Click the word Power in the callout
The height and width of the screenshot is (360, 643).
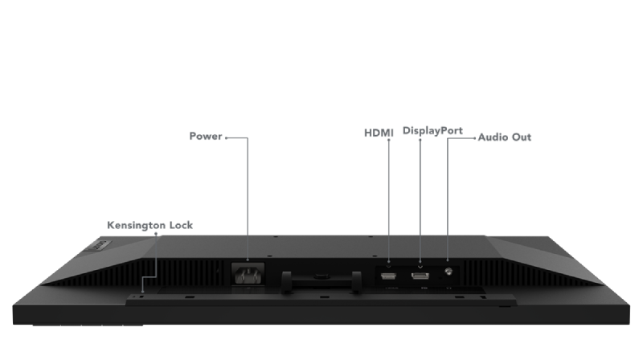[x=206, y=136]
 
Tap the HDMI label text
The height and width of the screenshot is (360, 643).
[x=379, y=133]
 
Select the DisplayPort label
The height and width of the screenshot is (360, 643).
[x=432, y=131]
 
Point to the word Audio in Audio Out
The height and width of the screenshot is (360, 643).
[x=492, y=137]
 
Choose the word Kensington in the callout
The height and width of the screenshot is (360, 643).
[x=136, y=226]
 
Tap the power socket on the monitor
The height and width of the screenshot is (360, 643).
[x=248, y=274]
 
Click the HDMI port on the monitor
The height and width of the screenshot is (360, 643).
[x=388, y=276]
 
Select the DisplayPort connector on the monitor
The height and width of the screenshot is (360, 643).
[x=420, y=276]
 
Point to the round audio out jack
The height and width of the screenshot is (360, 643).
[x=448, y=272]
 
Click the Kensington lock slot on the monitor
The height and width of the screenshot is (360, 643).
[x=142, y=297]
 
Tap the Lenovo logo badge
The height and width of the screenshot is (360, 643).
[x=99, y=245]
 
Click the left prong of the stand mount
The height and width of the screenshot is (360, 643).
[x=286, y=282]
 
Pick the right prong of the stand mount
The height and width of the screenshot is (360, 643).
[x=356, y=282]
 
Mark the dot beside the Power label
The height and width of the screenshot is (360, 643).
[x=227, y=137]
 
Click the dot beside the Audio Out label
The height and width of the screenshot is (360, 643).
[x=475, y=138]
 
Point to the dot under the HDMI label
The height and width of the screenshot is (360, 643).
[x=389, y=140]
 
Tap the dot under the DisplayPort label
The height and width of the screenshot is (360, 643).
[x=420, y=140]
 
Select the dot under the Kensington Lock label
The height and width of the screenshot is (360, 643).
[x=156, y=234]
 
